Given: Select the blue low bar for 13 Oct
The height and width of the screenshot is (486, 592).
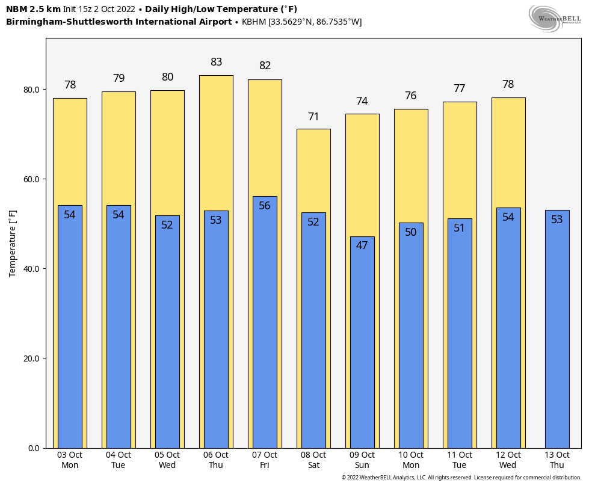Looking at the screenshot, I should (557, 331).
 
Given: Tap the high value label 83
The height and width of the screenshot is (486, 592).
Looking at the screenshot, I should (217, 62).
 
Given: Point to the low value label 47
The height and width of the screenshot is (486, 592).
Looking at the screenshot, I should (362, 245).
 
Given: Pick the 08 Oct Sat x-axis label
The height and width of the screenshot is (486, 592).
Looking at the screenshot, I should (313, 460).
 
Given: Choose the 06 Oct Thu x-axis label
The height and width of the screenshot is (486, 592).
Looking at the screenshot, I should (216, 460).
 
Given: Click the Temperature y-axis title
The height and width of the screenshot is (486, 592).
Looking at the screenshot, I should (13, 244).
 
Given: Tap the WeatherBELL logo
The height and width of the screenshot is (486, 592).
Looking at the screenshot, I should (555, 18).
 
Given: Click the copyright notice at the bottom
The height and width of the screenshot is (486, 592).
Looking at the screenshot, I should (461, 478).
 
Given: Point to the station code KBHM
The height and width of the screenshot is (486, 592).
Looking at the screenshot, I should (254, 22).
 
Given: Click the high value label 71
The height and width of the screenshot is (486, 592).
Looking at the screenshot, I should (313, 117).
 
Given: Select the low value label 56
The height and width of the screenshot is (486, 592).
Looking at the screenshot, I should (265, 206).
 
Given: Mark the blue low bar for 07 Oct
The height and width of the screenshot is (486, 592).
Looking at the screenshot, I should (265, 325).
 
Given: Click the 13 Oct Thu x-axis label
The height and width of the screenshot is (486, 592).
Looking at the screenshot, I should (557, 460).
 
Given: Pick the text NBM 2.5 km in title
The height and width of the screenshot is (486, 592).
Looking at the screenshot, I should (33, 9).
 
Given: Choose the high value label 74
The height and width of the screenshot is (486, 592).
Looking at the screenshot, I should (362, 102).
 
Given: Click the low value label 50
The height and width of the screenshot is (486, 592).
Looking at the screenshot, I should (411, 232).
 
